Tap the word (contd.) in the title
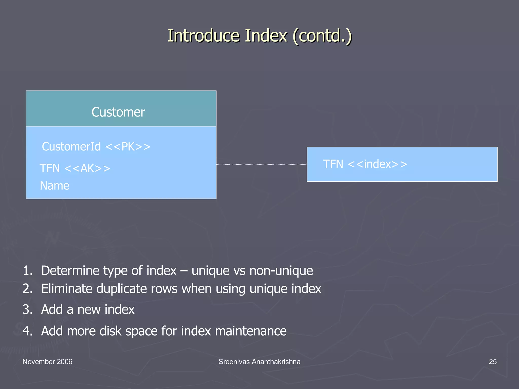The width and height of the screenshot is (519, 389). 322,36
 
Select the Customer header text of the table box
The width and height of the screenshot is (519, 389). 118,112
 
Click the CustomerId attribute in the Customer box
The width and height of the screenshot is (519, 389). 71,147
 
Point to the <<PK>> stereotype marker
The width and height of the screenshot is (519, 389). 128,147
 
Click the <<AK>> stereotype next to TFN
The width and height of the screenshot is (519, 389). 87,168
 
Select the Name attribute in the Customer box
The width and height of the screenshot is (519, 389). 54,186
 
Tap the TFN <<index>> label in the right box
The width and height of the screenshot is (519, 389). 365,164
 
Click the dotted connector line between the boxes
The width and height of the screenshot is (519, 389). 261,164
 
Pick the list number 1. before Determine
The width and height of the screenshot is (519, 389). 28,270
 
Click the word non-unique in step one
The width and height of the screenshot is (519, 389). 281,270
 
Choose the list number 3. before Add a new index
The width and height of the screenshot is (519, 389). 28,309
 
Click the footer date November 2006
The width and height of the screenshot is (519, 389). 47,362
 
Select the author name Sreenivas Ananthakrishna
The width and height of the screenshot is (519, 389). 259,362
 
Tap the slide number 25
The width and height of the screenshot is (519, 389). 493,362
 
